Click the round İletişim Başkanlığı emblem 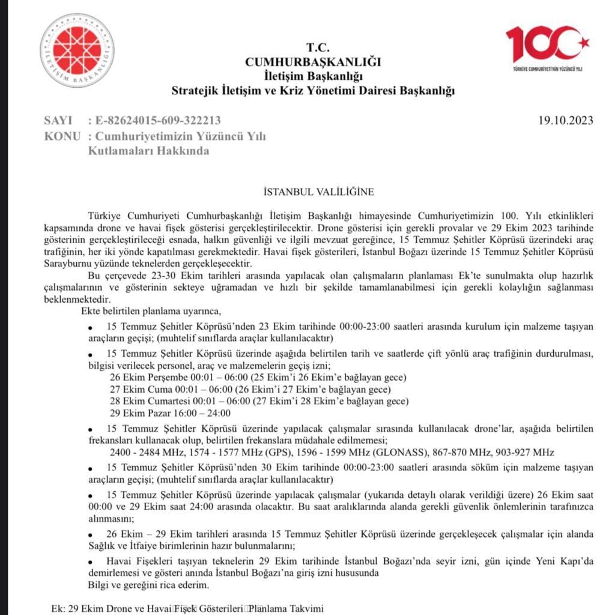(77, 51)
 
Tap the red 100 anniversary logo (547, 48)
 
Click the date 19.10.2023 (566, 120)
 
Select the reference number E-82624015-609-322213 (157, 120)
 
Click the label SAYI (58, 120)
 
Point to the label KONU (62, 136)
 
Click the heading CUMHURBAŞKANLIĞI (313, 61)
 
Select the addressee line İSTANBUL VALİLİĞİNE (318, 192)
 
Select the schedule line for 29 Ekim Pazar (170, 413)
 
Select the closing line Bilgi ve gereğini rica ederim (148, 584)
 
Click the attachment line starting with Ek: (188, 608)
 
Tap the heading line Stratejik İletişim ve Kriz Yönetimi (313, 91)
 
